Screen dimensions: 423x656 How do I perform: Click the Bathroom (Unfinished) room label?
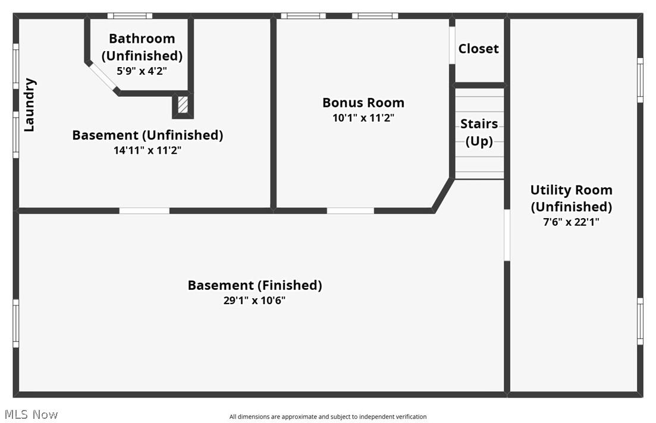(x=142, y=47)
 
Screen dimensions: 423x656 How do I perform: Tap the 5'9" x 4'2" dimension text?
(x=142, y=70)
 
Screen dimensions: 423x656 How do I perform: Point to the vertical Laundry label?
(x=29, y=105)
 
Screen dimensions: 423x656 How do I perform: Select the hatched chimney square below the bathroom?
(x=183, y=105)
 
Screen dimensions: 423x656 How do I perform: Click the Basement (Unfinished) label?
(x=147, y=135)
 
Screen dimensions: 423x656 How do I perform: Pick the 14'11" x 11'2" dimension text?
(x=147, y=150)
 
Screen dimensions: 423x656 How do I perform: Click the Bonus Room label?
(x=363, y=102)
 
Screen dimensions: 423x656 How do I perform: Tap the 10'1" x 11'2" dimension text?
(x=363, y=118)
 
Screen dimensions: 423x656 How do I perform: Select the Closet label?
(x=478, y=49)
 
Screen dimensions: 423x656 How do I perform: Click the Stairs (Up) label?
(x=479, y=132)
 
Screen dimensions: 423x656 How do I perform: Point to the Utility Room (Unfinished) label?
(x=571, y=198)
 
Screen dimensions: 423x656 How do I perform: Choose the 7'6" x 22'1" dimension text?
(x=571, y=222)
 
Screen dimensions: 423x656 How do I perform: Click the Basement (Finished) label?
(x=255, y=285)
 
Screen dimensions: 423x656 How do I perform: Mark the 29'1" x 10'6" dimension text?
(x=255, y=301)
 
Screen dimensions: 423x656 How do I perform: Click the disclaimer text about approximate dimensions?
(x=328, y=417)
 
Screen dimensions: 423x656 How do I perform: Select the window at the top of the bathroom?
(x=130, y=16)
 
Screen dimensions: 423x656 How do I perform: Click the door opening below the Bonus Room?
(x=350, y=210)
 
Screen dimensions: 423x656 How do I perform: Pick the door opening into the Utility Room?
(x=507, y=235)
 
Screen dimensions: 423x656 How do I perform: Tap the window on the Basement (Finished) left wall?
(x=16, y=323)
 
